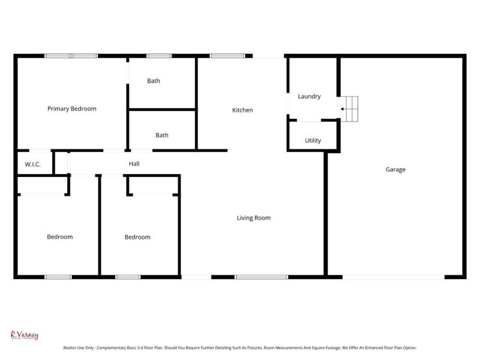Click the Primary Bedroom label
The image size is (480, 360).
pyautogui.click(x=72, y=109)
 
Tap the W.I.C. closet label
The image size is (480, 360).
pyautogui.click(x=32, y=164)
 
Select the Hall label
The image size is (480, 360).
pyautogui.click(x=134, y=163)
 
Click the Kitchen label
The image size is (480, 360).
pyautogui.click(x=242, y=110)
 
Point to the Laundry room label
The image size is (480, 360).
pyautogui.click(x=309, y=96)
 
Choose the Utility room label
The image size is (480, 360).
pyautogui.click(x=313, y=140)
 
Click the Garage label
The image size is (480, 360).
pyautogui.click(x=395, y=169)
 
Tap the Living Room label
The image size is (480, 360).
pyautogui.click(x=253, y=218)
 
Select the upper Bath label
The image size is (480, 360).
pyautogui.click(x=154, y=81)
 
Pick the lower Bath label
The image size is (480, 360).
pyautogui.click(x=162, y=135)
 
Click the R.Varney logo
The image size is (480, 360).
pyautogui.click(x=25, y=335)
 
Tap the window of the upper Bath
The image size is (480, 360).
pyautogui.click(x=158, y=56)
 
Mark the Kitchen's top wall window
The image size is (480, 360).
pyautogui.click(x=223, y=56)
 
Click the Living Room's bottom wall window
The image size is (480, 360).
pyautogui.click(x=253, y=277)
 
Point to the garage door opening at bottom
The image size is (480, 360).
pyautogui.click(x=393, y=277)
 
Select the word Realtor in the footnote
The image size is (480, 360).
pyautogui.click(x=72, y=347)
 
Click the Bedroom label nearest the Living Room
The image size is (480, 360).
pyautogui.click(x=137, y=237)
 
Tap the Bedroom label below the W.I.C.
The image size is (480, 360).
pyautogui.click(x=60, y=237)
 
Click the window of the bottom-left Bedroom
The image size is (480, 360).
pyautogui.click(x=58, y=277)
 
